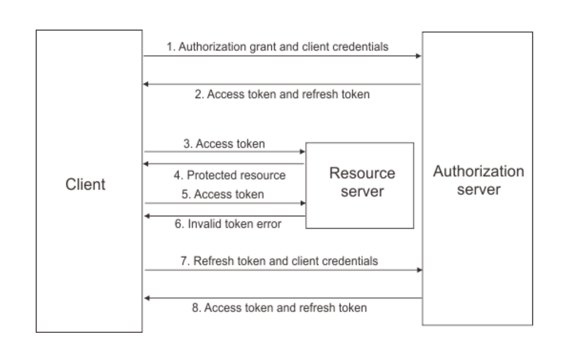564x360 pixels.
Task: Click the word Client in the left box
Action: pos(85,184)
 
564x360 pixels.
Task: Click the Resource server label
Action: pos(362,182)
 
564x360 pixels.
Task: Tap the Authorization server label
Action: pos(479,180)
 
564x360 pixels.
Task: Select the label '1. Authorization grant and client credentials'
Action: pos(278,47)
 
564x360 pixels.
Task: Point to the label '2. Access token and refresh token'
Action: pos(282,94)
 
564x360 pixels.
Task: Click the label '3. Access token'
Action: pos(224,144)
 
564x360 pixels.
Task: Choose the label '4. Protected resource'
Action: pos(230,175)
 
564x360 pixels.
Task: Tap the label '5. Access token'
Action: pos(223,194)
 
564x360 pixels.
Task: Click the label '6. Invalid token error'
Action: pos(228,224)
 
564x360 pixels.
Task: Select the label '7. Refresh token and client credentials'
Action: pos(279,261)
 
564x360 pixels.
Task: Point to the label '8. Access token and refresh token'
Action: pos(279,308)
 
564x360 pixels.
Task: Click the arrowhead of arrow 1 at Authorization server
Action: pos(419,56)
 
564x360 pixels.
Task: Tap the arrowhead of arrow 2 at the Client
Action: pos(145,84)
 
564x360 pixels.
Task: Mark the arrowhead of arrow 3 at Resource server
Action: pos(302,152)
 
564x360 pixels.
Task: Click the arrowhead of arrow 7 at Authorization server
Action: pos(419,270)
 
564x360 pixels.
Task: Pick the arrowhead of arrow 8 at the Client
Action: pos(147,298)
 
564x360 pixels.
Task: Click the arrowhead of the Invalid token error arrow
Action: pos(147,216)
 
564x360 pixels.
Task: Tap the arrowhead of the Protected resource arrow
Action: pos(145,164)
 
